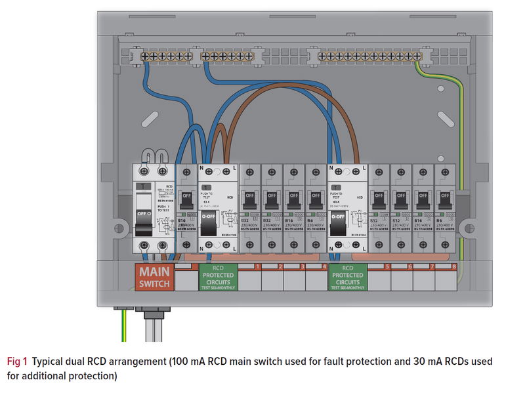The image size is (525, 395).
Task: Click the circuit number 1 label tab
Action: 259,266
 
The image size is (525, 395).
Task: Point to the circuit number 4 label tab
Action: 324,266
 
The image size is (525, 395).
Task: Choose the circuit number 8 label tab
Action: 453,266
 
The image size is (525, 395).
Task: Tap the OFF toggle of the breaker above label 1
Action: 250,197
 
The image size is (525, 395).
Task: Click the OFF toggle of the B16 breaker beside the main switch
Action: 186,197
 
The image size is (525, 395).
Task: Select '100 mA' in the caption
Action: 204,362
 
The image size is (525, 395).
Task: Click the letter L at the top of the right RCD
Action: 363,169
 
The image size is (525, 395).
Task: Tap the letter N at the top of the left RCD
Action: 201,169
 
